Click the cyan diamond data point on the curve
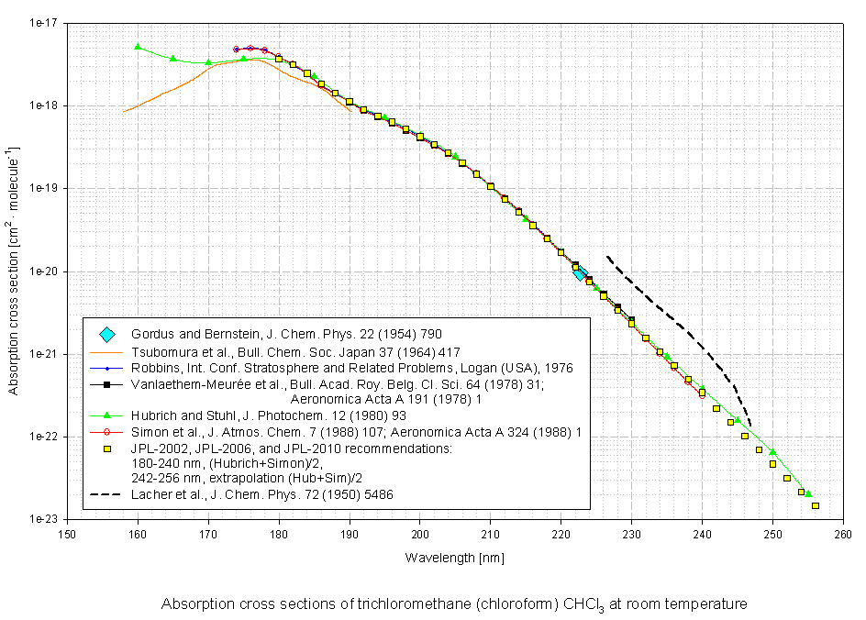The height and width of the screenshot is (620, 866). click(x=579, y=272)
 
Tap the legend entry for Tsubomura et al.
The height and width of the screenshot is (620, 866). click(x=294, y=351)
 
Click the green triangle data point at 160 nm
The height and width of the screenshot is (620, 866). click(x=138, y=47)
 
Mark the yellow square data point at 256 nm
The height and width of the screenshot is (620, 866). click(x=815, y=505)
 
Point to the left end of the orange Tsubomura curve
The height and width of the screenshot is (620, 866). click(x=125, y=111)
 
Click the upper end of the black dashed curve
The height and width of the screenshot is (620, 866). click(x=607, y=257)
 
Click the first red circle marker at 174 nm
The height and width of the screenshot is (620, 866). click(x=237, y=50)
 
